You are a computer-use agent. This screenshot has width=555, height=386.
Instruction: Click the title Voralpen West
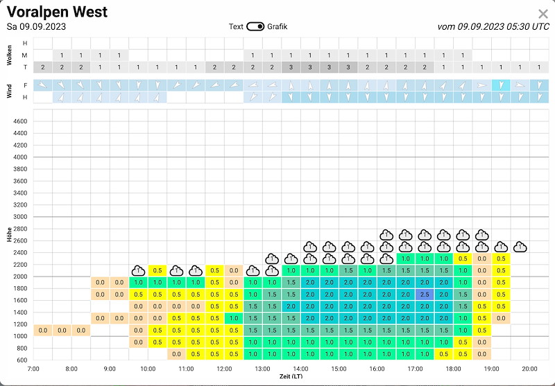coord(57,12)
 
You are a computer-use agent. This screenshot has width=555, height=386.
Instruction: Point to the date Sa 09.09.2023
coord(36,27)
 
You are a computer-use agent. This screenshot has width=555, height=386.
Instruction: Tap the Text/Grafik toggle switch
coord(255,26)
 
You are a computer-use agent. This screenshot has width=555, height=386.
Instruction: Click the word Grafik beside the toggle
coord(277,26)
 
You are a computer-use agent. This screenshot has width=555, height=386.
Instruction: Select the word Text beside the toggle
coord(236,26)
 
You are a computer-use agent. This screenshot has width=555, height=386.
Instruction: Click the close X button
coord(543,14)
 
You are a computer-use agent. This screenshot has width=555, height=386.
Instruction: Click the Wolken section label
coord(9,55)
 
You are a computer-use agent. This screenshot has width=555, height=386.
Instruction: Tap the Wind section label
coord(9,91)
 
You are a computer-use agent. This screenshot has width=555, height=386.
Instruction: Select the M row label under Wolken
coord(24,55)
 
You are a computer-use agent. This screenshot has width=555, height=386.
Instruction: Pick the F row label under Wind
coord(25,85)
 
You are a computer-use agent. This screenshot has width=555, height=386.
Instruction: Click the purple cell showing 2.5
coord(425,295)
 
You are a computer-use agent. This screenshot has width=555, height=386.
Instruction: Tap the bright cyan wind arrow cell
coord(501,85)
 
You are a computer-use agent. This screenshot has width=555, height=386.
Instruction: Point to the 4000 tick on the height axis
coord(20,157)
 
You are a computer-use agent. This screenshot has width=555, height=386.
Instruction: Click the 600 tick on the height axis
coord(22,360)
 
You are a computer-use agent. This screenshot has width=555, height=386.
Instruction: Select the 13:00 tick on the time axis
coord(262,369)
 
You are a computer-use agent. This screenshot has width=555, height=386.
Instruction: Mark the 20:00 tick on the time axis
coord(529,369)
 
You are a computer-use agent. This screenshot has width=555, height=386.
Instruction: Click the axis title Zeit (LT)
coord(291,376)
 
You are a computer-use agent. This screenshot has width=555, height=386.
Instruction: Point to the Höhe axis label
coord(9,234)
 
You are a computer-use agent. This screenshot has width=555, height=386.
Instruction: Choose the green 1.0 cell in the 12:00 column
coord(234,318)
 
